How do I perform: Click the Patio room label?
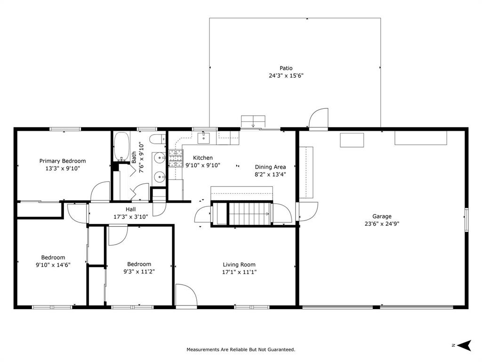click(286, 68)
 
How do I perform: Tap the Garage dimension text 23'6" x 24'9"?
click(382, 224)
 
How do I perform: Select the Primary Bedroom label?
click(63, 161)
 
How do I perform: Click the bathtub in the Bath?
click(121, 147)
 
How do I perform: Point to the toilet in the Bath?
click(159, 139)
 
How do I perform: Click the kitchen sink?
click(203, 138)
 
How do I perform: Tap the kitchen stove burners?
click(176, 158)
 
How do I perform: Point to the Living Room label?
click(239, 264)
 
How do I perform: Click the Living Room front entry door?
click(186, 296)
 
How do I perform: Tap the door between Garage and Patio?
click(319, 119)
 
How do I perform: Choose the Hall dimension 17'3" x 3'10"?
click(131, 217)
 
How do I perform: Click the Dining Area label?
click(271, 167)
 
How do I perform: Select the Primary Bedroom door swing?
click(100, 191)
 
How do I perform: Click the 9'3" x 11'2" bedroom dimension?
click(139, 271)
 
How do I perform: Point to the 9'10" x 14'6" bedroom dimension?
click(53, 265)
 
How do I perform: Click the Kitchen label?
click(203, 158)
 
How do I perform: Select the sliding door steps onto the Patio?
click(253, 121)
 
